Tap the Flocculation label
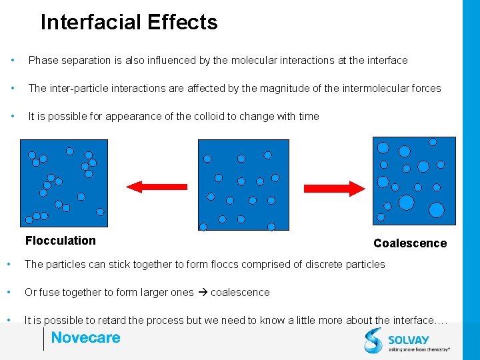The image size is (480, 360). point(61,241)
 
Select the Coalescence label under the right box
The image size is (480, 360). point(410,243)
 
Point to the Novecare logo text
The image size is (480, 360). point(85,338)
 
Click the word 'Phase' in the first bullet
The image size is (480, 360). point(43,61)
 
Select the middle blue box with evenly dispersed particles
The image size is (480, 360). point(244,185)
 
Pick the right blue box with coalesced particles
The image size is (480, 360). point(413,181)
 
